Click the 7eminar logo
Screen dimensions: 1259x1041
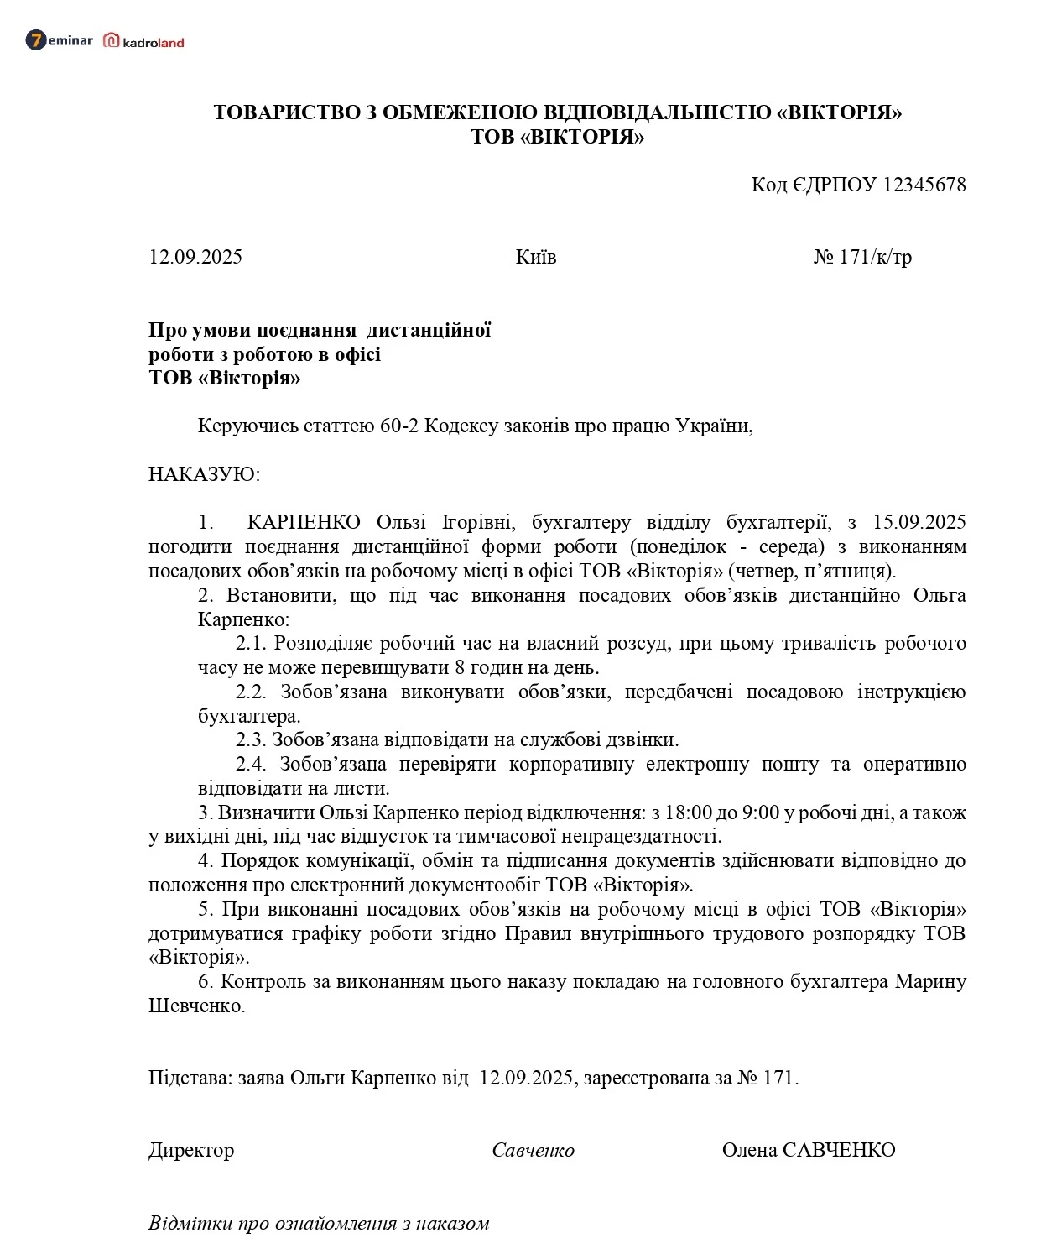click(x=59, y=40)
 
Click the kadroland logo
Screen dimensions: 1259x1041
click(x=143, y=41)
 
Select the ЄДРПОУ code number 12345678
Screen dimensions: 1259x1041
click(x=924, y=185)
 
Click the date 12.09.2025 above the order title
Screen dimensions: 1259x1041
click(x=195, y=257)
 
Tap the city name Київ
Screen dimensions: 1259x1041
click(x=536, y=257)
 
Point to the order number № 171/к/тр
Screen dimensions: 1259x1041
click(x=862, y=257)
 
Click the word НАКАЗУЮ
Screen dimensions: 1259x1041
click(x=204, y=474)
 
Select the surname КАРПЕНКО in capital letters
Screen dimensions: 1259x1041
click(x=304, y=522)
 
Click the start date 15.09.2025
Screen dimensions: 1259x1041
click(x=919, y=522)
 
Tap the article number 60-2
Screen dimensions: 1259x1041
click(x=398, y=426)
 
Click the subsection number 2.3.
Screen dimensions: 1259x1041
click(x=250, y=739)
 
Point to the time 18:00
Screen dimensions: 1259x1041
click(x=688, y=812)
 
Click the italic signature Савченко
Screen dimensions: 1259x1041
click(x=533, y=1151)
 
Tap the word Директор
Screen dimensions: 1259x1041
click(x=191, y=1150)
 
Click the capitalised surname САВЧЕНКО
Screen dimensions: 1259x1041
click(x=838, y=1150)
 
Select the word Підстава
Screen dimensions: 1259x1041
click(x=190, y=1078)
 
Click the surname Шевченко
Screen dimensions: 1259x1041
click(x=195, y=1006)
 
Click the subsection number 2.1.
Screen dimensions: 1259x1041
click(x=250, y=643)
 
